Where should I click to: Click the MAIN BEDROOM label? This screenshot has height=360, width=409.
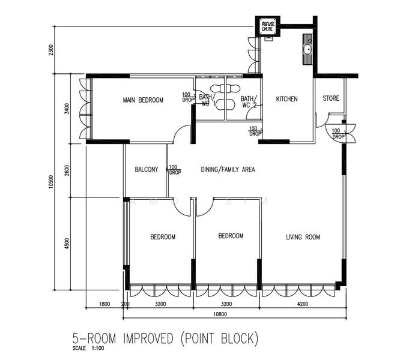click(x=143, y=100)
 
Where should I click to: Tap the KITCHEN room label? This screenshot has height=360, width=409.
click(x=286, y=99)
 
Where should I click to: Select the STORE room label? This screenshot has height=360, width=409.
click(x=331, y=98)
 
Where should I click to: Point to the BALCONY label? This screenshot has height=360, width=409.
click(x=147, y=169)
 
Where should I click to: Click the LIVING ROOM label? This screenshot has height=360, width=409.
click(x=303, y=237)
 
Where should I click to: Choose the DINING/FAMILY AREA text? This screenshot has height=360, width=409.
click(x=228, y=169)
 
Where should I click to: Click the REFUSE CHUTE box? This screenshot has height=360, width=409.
click(x=268, y=26)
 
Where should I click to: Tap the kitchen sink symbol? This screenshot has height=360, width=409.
click(x=308, y=49)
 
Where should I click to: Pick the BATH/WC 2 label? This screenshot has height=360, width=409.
click(x=249, y=102)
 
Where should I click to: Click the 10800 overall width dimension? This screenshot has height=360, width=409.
click(x=220, y=314)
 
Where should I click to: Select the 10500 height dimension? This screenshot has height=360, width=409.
click(x=51, y=182)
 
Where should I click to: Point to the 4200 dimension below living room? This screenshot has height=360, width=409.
click(x=303, y=304)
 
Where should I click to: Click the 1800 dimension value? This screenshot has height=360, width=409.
click(x=105, y=304)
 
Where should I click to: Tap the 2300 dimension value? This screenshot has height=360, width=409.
click(x=51, y=50)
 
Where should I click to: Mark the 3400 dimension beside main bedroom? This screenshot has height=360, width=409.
click(x=67, y=109)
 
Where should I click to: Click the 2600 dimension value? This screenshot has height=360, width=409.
click(x=67, y=170)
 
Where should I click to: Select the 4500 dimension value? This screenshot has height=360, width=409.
click(x=67, y=244)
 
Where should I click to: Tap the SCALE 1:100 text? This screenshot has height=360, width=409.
click(x=88, y=348)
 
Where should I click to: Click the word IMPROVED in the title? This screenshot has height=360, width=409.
click(x=148, y=338)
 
